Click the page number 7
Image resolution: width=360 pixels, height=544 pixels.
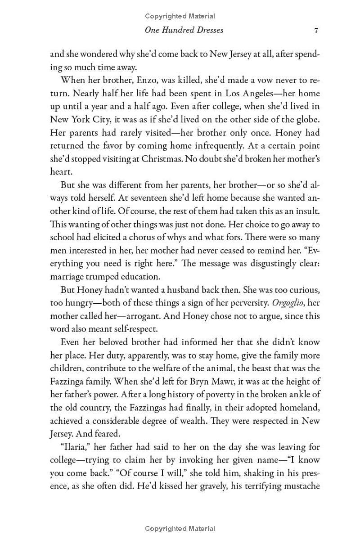317,31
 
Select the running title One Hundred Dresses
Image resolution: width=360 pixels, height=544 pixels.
184,31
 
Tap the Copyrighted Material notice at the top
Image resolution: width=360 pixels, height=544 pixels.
180,16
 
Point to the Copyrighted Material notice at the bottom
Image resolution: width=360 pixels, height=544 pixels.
180,529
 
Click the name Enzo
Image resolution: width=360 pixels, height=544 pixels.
147,81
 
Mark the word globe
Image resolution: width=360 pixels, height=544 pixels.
306,120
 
